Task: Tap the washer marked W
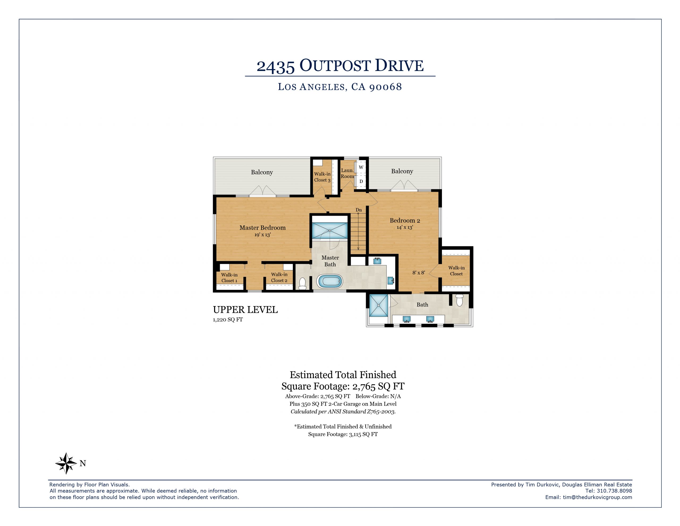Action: [x=361, y=168]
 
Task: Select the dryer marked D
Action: [x=361, y=181]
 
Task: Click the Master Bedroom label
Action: [x=262, y=228]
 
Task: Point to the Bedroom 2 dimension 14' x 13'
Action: [x=405, y=227]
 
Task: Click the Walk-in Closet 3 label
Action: [x=322, y=177]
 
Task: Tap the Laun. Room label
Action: [x=347, y=173]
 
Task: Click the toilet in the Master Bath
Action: [x=302, y=283]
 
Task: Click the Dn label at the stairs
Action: [x=359, y=210]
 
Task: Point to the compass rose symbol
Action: [x=66, y=463]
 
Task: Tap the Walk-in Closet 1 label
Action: [x=229, y=278]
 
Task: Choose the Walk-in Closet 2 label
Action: [x=279, y=277]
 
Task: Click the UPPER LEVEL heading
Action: [x=245, y=310]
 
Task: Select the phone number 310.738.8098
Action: [x=614, y=490]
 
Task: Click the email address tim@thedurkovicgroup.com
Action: [x=597, y=497]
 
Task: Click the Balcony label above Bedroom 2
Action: [x=402, y=171]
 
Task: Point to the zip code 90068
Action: [x=385, y=87]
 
